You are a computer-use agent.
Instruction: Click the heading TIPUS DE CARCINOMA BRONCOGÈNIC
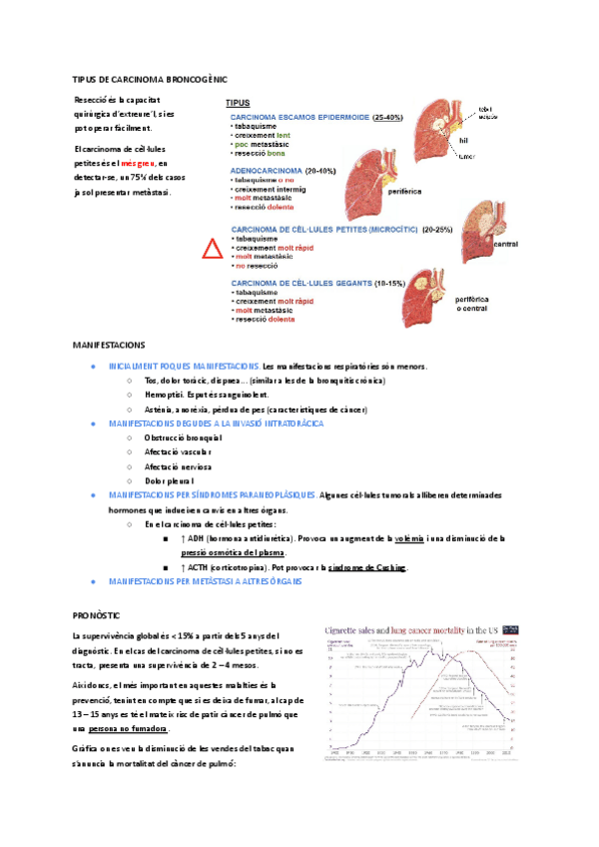pos(150,78)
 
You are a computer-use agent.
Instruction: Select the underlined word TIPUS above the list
pos(238,103)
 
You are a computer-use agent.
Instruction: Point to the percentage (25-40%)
pos(387,118)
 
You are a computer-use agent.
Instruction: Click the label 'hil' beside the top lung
pos(464,141)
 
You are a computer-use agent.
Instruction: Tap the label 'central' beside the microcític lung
pos(508,244)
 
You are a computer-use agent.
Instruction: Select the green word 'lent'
pos(285,136)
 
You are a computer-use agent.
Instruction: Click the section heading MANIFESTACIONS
pos(108,344)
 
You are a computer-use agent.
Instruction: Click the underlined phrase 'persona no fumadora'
pos(127,728)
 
